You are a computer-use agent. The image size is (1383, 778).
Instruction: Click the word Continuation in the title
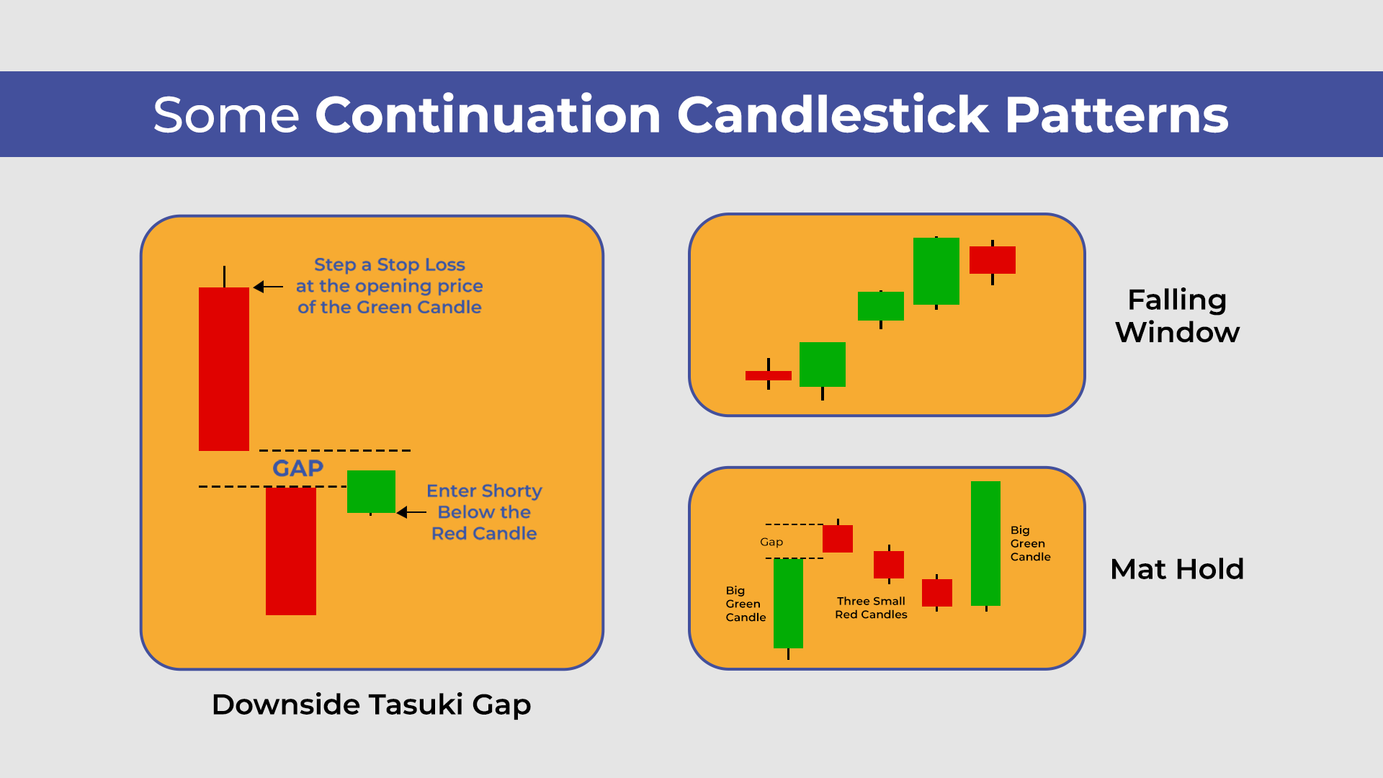488,115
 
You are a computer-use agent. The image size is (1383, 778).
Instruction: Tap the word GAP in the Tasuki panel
297,468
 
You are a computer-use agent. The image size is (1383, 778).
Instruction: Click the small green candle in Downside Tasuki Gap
371,491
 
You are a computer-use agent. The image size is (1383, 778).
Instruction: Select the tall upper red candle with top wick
224,368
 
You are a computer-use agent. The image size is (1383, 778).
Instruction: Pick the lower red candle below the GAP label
290,551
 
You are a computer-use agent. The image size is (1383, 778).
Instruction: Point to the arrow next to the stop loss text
268,287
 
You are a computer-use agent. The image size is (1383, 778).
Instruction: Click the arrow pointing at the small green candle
411,512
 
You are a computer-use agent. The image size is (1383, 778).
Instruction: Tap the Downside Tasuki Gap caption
371,704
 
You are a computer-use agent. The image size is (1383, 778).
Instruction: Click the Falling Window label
1177,316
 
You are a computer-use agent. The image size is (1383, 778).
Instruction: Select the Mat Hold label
1177,569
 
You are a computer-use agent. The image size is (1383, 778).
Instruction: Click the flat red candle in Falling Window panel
768,375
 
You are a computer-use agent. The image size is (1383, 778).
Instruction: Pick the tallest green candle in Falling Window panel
936,271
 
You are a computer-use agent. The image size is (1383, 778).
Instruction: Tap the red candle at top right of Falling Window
992,260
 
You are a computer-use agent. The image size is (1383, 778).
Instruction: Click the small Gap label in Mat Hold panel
771,542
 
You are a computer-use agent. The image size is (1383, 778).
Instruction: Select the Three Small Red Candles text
871,607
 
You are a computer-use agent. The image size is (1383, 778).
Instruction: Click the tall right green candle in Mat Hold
985,543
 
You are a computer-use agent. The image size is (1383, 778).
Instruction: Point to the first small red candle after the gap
838,539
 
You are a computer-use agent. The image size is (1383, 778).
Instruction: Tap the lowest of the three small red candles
936,592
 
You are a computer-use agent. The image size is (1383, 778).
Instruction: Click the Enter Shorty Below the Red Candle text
484,512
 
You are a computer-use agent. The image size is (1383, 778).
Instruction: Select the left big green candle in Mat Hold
788,603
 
